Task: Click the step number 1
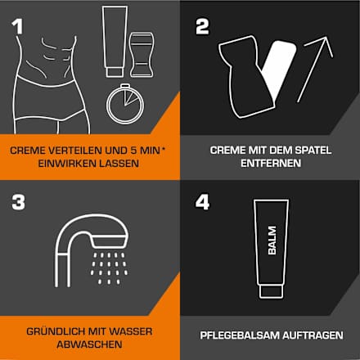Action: [x=18, y=26]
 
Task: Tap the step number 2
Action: [x=202, y=27]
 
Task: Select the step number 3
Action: [x=18, y=202]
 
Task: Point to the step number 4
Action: [x=202, y=202]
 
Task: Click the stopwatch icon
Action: [x=125, y=104]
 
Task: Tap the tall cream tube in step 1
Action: [x=115, y=42]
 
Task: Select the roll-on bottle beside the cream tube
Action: [x=142, y=55]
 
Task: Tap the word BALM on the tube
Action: [x=272, y=241]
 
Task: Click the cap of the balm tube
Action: [x=272, y=291]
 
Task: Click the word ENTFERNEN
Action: [x=271, y=164]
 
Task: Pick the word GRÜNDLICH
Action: [x=56, y=331]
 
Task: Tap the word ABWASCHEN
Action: [x=89, y=344]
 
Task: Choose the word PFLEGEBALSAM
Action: [x=240, y=335]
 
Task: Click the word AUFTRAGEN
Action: [x=313, y=335]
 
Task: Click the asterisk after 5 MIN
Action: [x=164, y=149]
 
